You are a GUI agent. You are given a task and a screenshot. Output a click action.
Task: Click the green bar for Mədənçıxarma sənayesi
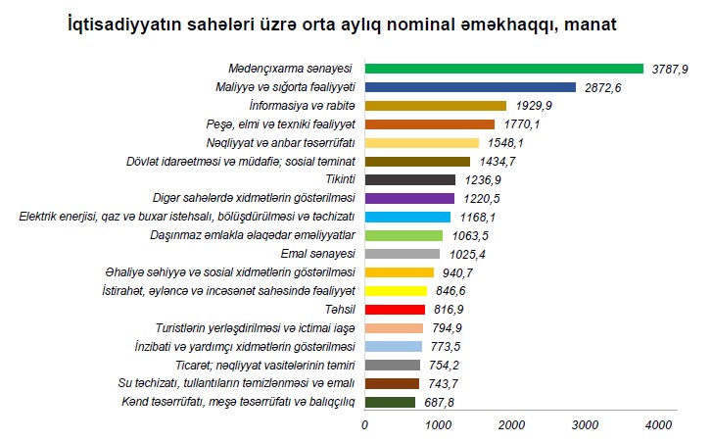(x=503, y=69)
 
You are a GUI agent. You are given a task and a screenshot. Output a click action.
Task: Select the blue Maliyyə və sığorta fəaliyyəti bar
(x=470, y=87)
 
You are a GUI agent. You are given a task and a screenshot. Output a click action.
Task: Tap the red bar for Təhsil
(x=395, y=310)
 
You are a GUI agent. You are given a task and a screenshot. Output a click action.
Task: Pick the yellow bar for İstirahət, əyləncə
(x=396, y=291)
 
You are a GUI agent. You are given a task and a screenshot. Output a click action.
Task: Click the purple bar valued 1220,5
(x=409, y=198)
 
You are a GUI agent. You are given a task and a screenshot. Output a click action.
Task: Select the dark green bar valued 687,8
(x=390, y=402)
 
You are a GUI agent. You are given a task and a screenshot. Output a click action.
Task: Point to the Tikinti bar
(x=410, y=179)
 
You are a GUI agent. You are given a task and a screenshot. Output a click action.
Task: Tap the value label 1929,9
(x=532, y=106)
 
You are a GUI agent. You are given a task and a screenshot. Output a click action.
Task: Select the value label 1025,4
(x=465, y=254)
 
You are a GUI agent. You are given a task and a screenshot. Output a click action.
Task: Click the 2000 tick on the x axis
(x=511, y=423)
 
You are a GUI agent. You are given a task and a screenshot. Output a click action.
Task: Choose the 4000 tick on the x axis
(x=658, y=423)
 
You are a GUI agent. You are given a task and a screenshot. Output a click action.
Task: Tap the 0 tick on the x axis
(x=365, y=423)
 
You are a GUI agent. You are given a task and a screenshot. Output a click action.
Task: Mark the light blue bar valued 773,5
(x=394, y=346)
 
